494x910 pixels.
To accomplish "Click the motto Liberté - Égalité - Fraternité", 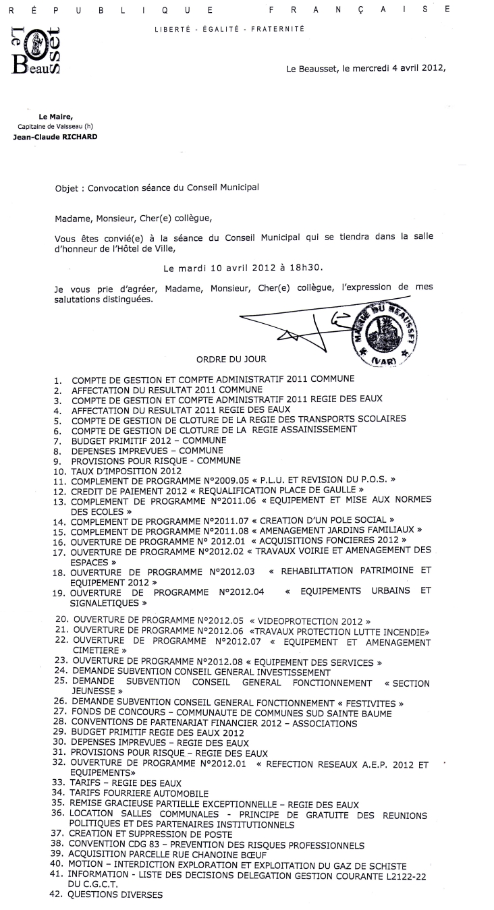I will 229,29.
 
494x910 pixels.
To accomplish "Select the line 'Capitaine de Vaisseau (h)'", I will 53,127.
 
